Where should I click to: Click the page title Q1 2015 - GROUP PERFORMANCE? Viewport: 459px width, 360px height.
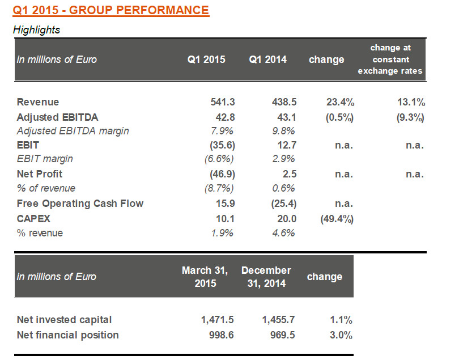click(x=111, y=10)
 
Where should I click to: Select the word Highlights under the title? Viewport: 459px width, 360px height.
click(x=37, y=30)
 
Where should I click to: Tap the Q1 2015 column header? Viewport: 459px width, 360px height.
click(x=206, y=60)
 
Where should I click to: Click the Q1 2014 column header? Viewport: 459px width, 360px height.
click(x=267, y=60)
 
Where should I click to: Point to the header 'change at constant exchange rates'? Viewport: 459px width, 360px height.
click(x=390, y=60)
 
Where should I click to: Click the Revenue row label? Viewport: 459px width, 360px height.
click(x=38, y=102)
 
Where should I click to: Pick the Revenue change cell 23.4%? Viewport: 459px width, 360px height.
click(x=341, y=102)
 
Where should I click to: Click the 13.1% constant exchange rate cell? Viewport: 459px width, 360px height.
click(x=411, y=102)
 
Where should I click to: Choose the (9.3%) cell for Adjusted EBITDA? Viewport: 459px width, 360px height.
click(x=409, y=117)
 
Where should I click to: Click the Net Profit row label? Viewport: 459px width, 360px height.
click(x=40, y=174)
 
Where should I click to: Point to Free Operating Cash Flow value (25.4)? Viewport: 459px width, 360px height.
click(x=282, y=203)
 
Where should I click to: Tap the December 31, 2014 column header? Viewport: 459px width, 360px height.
click(x=266, y=277)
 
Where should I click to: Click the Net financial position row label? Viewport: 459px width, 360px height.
click(x=68, y=334)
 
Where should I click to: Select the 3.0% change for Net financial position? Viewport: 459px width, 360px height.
click(x=341, y=334)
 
